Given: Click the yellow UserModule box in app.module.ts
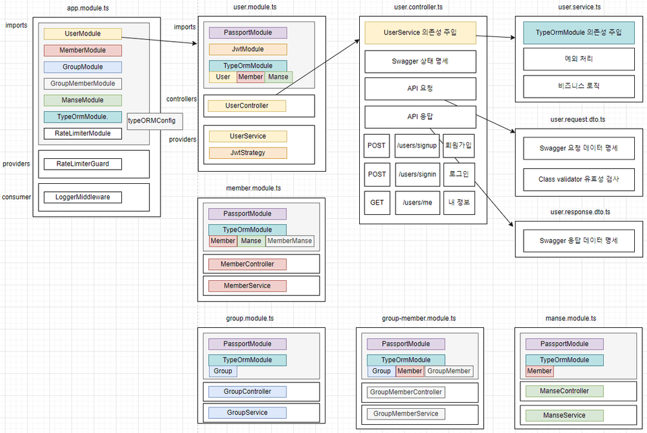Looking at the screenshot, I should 82,34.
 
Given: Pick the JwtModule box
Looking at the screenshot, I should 247,49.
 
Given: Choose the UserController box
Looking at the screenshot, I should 247,106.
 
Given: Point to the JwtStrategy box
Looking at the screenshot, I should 247,153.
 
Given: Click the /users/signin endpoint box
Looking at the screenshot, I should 417,174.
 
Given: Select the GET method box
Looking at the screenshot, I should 377,202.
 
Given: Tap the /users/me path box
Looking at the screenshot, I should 417,202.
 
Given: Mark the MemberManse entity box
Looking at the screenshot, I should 289,241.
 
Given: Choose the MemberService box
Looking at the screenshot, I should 247,286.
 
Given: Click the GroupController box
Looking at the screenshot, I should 247,391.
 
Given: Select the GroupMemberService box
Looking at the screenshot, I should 406,413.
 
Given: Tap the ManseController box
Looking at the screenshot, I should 564,391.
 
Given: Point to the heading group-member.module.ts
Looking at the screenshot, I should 419,318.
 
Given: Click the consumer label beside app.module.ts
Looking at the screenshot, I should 16,197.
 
